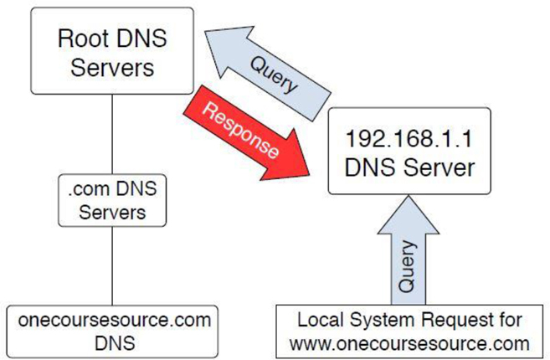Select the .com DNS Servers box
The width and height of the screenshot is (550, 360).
point(112,200)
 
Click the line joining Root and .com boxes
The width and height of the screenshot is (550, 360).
point(112,130)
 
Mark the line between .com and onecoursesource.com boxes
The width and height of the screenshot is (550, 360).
point(112,268)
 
